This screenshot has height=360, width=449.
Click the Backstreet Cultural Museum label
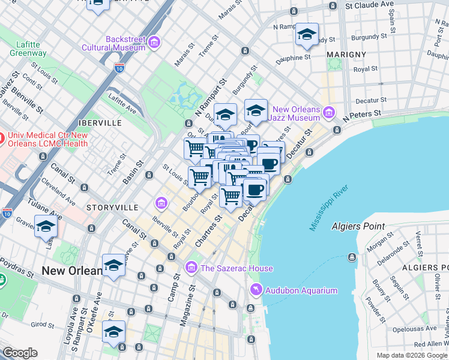(x=125, y=43)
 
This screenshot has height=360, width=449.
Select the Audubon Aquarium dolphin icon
(x=256, y=290)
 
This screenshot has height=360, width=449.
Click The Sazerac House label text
(x=237, y=268)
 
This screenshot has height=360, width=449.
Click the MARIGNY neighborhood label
(x=346, y=55)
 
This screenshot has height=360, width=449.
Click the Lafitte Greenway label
(x=28, y=48)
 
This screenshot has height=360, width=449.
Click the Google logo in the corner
(x=20, y=353)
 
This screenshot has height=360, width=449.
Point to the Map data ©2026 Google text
(x=411, y=355)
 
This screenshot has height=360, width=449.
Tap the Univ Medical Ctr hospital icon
(x=1, y=140)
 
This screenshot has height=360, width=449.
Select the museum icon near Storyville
(x=161, y=204)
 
